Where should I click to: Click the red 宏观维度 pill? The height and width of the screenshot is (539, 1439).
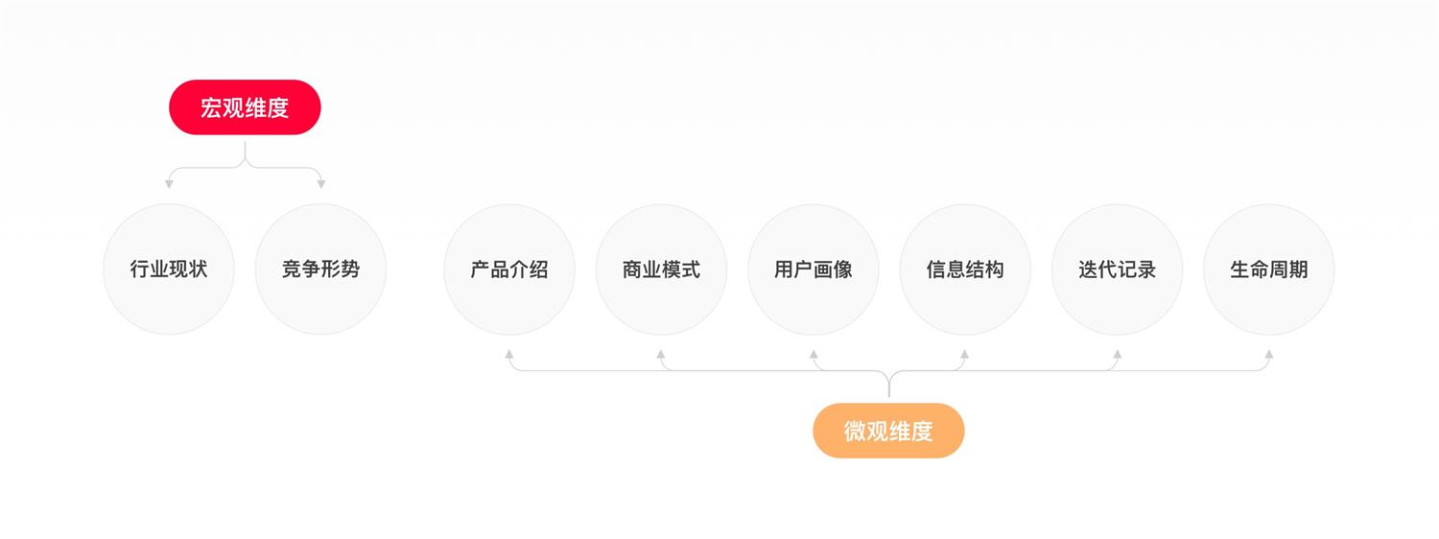click(245, 107)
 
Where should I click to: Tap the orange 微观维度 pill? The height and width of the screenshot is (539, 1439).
click(888, 431)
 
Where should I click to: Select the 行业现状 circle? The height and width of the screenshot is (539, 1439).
click(169, 269)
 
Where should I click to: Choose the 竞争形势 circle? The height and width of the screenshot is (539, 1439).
click(320, 269)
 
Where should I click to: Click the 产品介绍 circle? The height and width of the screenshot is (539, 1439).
click(509, 269)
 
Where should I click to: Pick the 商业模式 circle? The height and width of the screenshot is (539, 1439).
click(661, 269)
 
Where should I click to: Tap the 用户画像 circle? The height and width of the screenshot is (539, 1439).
click(814, 269)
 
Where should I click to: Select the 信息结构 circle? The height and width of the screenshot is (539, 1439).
click(965, 269)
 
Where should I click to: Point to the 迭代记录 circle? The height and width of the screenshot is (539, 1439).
click(1117, 269)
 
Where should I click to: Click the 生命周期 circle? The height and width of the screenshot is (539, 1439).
click(1268, 269)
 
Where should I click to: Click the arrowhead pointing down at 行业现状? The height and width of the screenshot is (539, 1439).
click(169, 184)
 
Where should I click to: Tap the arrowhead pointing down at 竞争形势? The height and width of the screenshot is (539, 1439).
click(320, 184)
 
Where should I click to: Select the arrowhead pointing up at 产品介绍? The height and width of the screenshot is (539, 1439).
click(509, 354)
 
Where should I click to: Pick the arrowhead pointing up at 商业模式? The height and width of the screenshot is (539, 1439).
click(661, 354)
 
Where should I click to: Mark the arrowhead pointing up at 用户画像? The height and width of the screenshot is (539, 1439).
click(814, 354)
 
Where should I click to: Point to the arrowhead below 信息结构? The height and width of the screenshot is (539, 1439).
click(965, 354)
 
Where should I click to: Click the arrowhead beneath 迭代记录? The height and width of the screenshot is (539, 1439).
click(1117, 354)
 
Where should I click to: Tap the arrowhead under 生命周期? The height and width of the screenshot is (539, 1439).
click(1268, 354)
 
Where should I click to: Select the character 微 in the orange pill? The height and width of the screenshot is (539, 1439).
click(855, 432)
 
